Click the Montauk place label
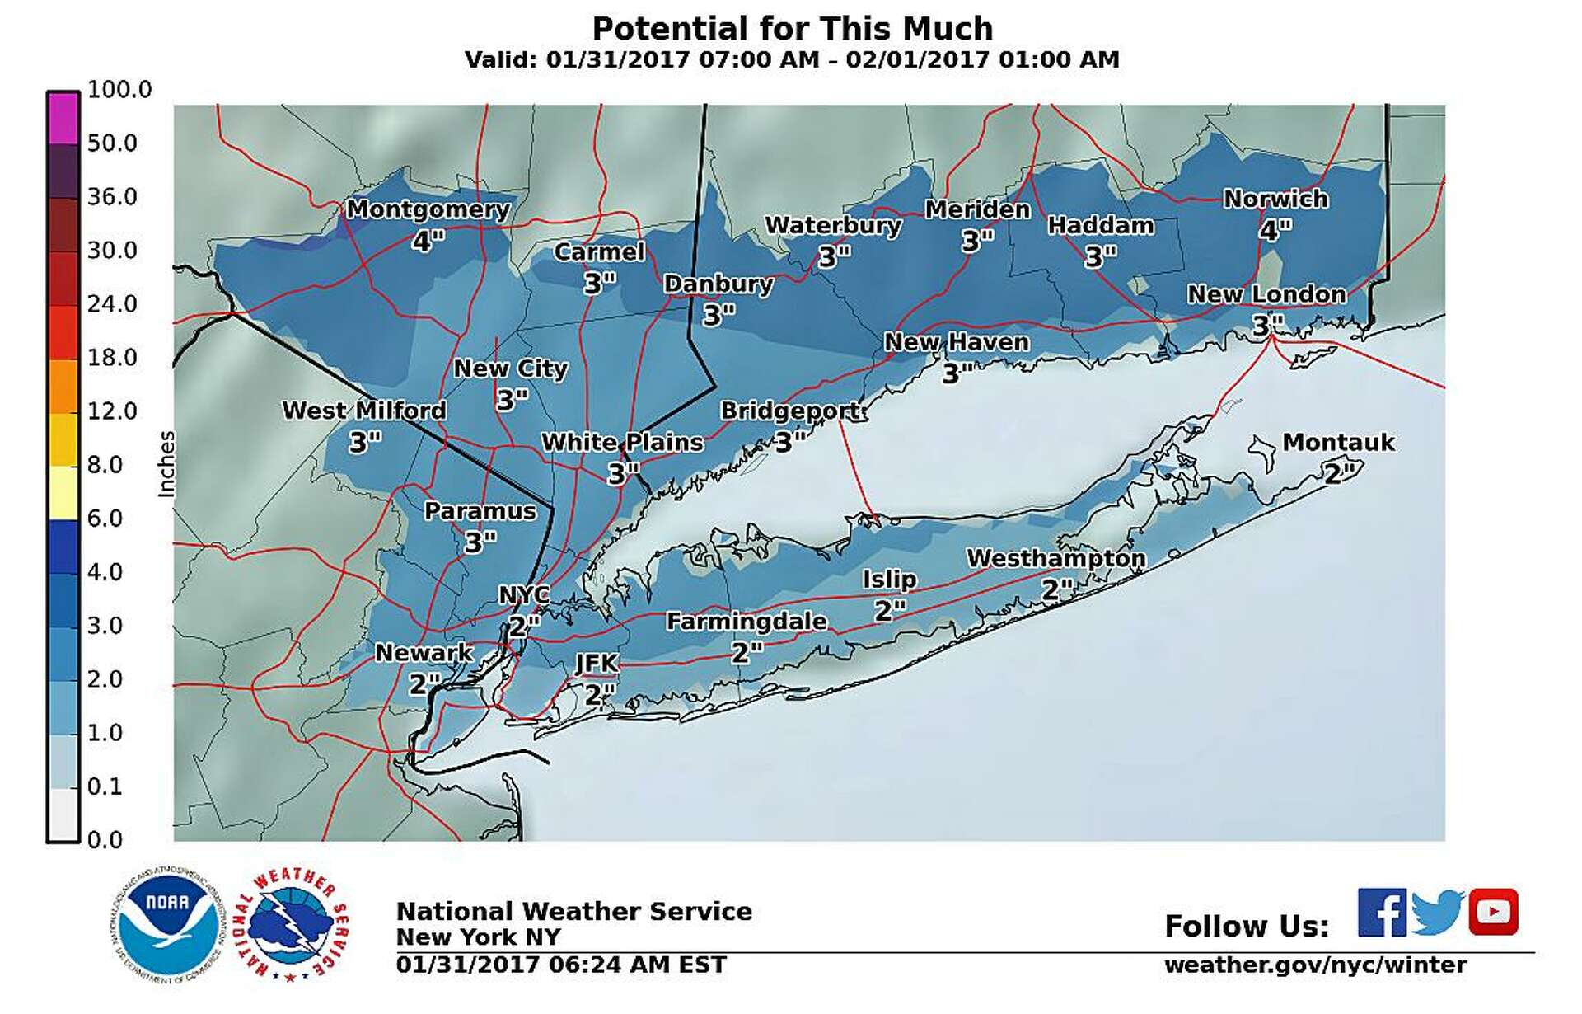coord(1338,442)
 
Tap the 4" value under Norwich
coord(1275,229)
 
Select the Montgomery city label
coord(427,209)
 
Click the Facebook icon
coord(1382,912)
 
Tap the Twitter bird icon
coord(1437,912)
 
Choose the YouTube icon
coord(1493,912)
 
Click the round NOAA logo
coord(167,924)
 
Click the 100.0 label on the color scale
coord(119,89)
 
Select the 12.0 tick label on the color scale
coord(112,411)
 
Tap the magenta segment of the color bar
coord(63,118)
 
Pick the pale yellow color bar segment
coord(63,492)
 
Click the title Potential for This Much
coord(792,29)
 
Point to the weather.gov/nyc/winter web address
coord(1315,965)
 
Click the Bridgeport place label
coord(793,411)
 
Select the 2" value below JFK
coord(600,694)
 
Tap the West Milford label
coord(363,410)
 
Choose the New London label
coord(1266,294)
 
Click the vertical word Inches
coord(167,463)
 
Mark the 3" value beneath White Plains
coord(623,474)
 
